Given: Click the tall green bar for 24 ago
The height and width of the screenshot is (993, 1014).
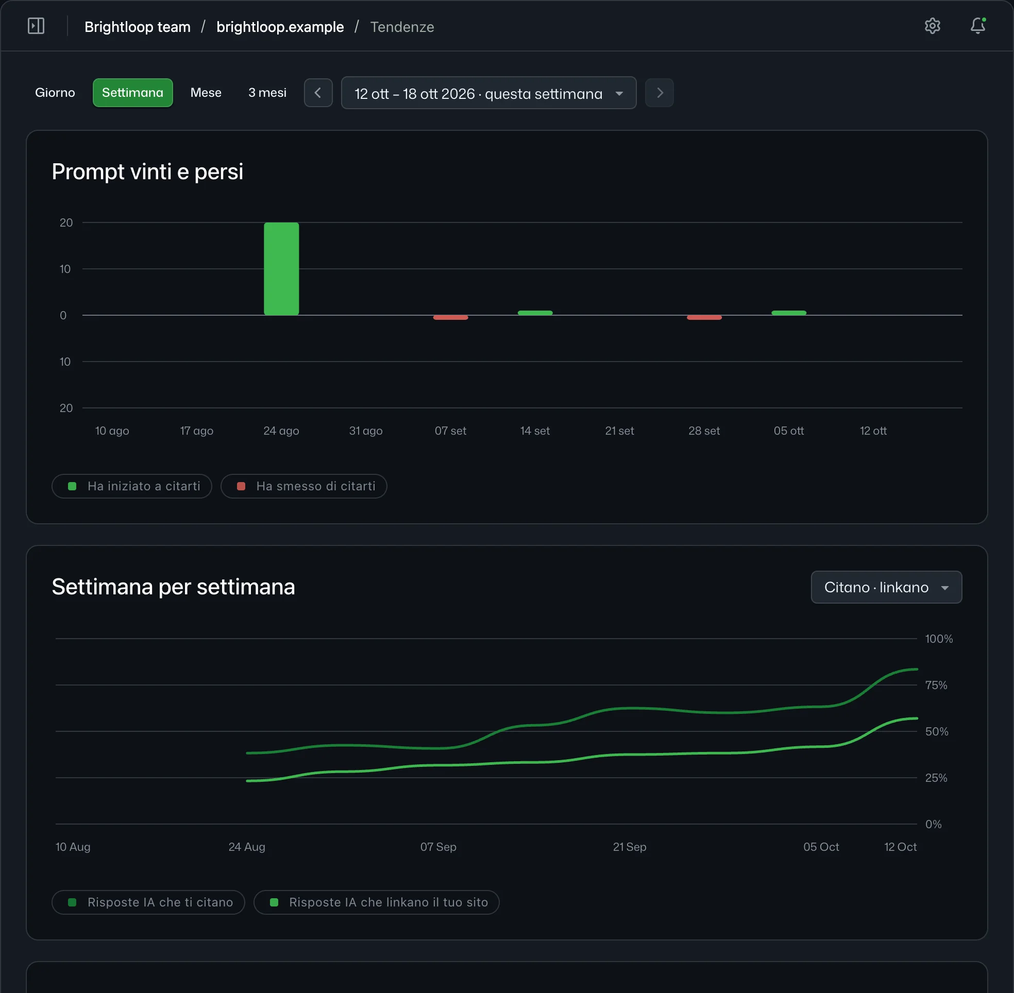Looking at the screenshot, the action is (281, 268).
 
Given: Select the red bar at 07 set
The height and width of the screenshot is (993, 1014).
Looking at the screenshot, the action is (451, 317).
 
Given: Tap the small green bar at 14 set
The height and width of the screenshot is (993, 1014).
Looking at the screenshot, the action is (535, 313).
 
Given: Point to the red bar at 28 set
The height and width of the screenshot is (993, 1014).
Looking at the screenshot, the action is (704, 317).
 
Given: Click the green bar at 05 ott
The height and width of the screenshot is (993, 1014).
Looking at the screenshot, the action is (789, 313).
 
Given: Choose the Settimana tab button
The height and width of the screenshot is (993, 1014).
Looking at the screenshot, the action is (132, 93).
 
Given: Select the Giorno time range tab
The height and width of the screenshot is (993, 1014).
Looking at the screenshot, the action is (55, 93).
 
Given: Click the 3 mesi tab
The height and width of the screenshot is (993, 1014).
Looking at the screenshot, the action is (267, 93).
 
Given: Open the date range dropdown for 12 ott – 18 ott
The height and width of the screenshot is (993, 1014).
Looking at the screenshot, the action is (489, 93).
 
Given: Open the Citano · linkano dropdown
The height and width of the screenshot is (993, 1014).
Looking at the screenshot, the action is (886, 587).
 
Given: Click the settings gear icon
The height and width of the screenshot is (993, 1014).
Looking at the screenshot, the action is (932, 26).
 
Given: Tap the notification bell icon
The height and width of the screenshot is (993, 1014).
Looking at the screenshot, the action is (977, 26).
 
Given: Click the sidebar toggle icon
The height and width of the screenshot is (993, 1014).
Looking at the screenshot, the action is (36, 26).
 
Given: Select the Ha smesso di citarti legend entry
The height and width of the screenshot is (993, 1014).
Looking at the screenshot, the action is (303, 486).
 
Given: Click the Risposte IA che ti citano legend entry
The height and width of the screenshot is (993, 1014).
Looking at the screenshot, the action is (148, 902).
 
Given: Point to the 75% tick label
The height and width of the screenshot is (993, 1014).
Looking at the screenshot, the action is (936, 686).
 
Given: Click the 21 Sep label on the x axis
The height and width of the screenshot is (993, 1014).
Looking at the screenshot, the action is (630, 847).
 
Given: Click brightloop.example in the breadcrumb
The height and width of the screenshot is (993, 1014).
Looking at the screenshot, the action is (280, 27).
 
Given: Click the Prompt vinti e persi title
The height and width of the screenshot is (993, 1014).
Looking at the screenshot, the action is (147, 172).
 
